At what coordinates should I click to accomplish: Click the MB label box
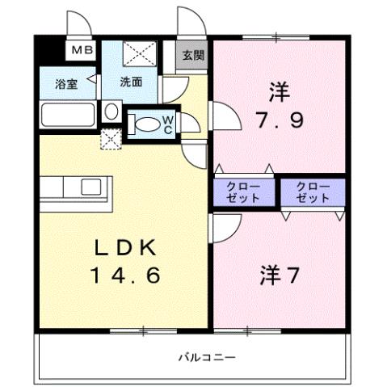pyautogui.click(x=81, y=51)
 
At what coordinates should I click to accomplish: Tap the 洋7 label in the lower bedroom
pyautogui.click(x=280, y=275)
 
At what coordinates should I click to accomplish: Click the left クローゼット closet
pyautogui.click(x=245, y=191)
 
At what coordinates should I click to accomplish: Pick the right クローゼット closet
pyautogui.click(x=313, y=191)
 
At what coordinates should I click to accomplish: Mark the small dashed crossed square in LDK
pyautogui.click(x=108, y=141)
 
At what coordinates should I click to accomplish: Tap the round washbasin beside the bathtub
pyautogui.click(x=111, y=111)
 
